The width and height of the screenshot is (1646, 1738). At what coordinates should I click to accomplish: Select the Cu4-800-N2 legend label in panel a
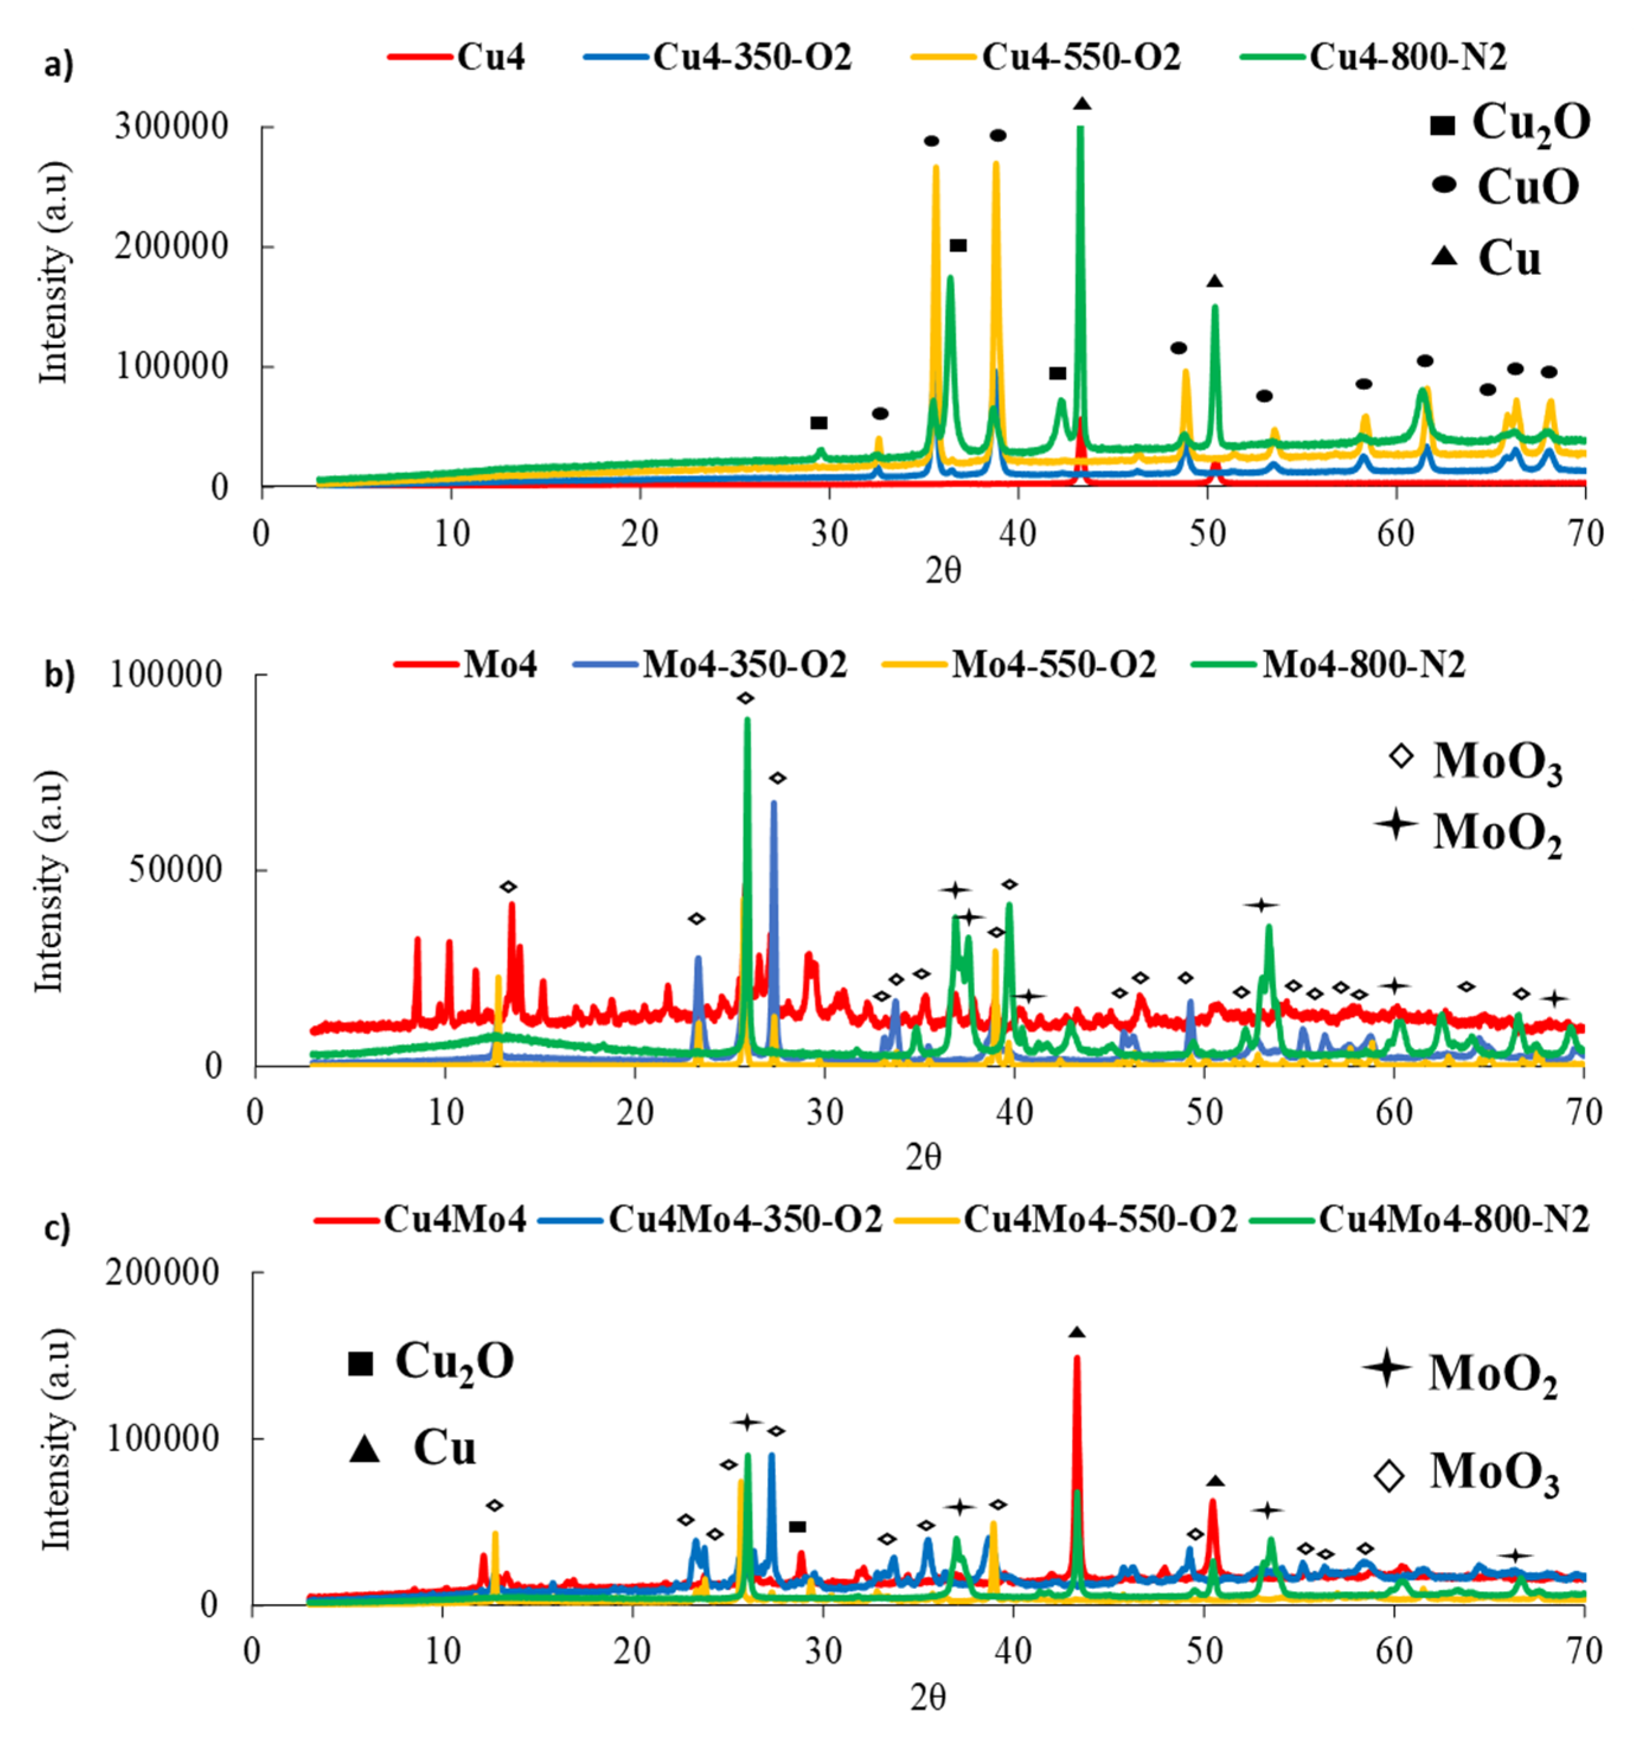coord(1407,57)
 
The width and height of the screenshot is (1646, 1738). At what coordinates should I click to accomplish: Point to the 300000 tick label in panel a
coord(171,127)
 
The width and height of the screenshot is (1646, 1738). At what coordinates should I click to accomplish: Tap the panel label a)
coord(59,66)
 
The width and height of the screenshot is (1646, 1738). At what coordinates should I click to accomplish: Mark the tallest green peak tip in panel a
coord(1080,129)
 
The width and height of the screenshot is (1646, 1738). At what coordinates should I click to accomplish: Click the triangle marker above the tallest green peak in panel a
coord(1082,104)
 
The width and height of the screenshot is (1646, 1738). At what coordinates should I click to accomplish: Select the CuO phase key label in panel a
coord(1528,186)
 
